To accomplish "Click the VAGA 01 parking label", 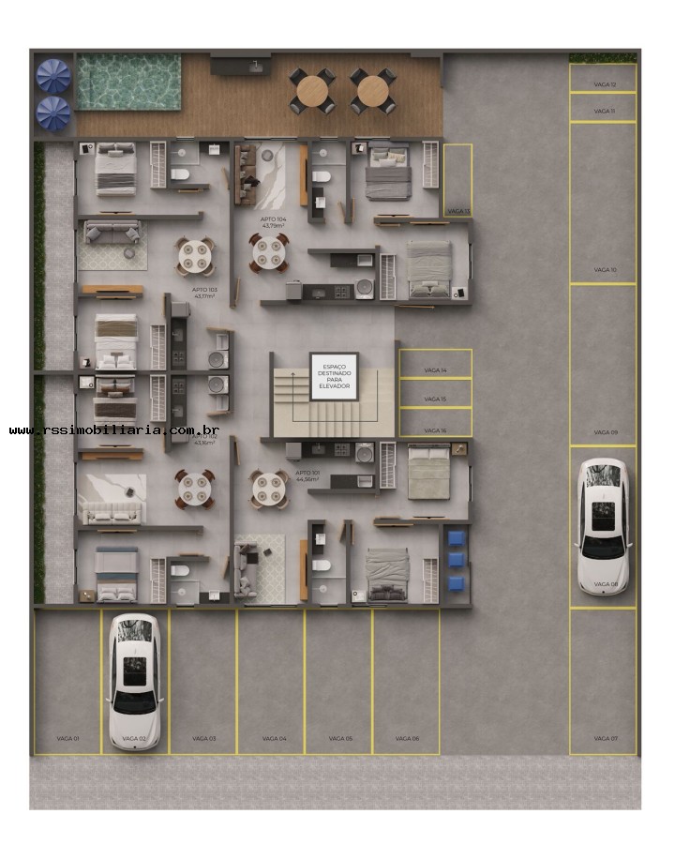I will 67,739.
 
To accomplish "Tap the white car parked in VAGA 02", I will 135,682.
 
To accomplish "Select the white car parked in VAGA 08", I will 602,525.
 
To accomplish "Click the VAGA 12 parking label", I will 605,84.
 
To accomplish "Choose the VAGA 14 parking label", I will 435,370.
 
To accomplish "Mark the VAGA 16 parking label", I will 435,430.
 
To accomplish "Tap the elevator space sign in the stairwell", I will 334,376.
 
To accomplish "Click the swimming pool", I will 128,82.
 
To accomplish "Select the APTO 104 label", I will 274,222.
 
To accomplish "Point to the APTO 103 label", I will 204,293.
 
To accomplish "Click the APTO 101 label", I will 307,475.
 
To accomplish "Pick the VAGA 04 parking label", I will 274,739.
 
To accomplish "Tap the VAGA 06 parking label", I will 407,739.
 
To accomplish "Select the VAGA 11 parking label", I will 605,111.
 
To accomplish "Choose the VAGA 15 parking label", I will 435,399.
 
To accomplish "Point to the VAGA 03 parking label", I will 204,739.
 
